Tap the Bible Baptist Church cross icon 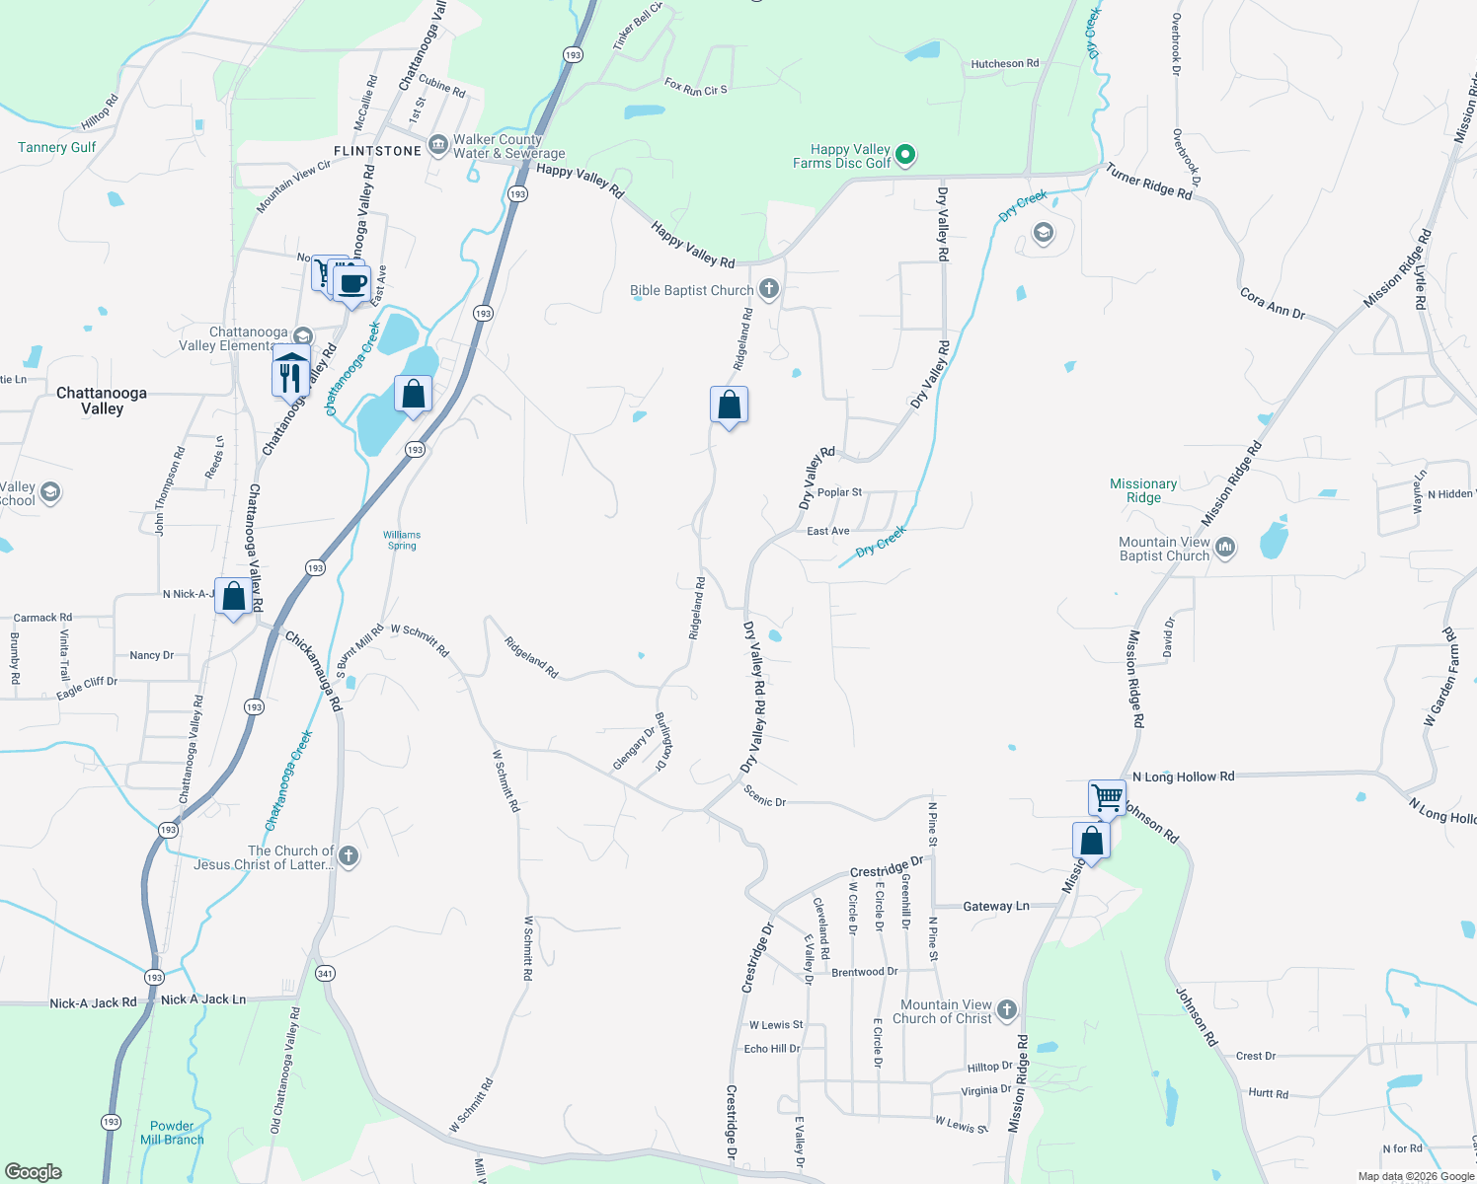[x=769, y=290]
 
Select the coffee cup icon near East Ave [x=352, y=283]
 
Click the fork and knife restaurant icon [x=289, y=378]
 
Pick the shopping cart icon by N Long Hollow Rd [x=1107, y=796]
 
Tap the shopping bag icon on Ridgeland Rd [x=729, y=405]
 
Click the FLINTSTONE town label [x=377, y=151]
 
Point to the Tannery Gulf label [x=57, y=148]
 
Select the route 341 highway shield [x=325, y=973]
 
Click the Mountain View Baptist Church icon [x=1225, y=548]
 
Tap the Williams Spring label [x=402, y=540]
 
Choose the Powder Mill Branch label [x=172, y=1133]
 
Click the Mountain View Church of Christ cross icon [x=1006, y=1009]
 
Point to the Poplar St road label [x=839, y=492]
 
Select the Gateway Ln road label [x=995, y=906]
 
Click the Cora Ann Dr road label [x=1272, y=305]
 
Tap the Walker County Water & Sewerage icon [x=438, y=145]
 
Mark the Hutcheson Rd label [x=1004, y=64]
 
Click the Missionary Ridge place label [x=1142, y=490]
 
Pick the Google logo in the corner [x=34, y=1171]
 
